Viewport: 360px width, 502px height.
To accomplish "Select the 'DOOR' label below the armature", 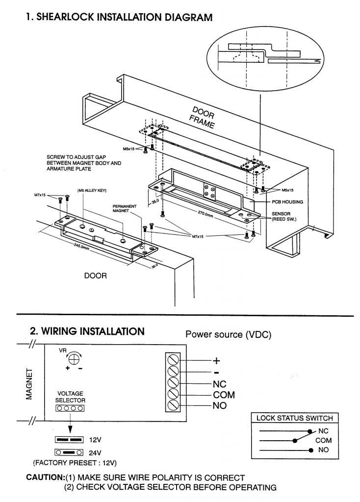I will [95, 276].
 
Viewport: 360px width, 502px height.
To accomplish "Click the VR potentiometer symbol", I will [74, 359].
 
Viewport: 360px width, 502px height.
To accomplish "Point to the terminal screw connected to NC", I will [173, 383].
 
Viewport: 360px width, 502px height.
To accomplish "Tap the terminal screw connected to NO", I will [173, 405].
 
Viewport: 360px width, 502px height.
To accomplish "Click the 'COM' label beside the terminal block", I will [224, 395].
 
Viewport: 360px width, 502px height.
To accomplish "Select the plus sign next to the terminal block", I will [216, 361].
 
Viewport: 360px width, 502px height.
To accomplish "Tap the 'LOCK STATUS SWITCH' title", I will [295, 418].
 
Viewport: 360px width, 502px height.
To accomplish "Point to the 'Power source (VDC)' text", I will [228, 335].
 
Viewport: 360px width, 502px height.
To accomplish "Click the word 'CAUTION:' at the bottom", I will [47, 477].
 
